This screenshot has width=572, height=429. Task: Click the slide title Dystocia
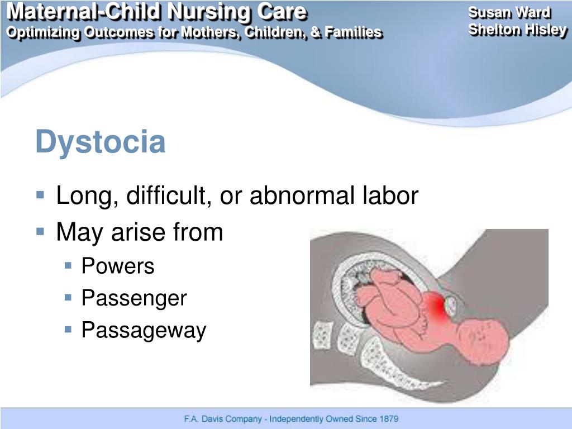point(101,142)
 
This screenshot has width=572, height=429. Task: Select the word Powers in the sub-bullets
point(117,266)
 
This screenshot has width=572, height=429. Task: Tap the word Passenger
point(134,298)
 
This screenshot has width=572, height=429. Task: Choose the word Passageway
point(144,330)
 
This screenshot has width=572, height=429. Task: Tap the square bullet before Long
point(40,196)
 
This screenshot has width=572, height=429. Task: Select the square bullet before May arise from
point(40,231)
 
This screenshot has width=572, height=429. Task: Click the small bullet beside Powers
point(68,265)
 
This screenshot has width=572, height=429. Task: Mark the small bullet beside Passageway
point(68,330)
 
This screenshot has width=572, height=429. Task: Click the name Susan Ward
point(509,13)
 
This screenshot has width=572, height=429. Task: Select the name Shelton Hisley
point(517,30)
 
